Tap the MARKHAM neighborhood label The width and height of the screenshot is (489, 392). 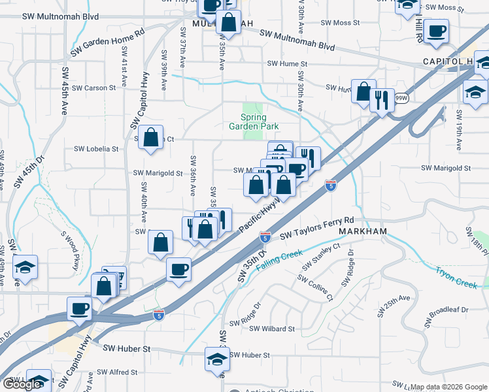click(x=363, y=231)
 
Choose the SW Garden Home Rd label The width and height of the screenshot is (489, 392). click(x=107, y=41)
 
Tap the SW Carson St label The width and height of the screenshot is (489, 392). click(x=93, y=88)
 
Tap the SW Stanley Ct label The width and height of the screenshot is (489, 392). click(x=320, y=257)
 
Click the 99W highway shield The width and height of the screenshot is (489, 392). click(x=402, y=99)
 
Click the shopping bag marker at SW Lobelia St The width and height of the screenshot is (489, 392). click(x=151, y=138)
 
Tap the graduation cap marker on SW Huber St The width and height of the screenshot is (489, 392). click(x=217, y=359)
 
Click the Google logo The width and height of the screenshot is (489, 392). click(x=22, y=384)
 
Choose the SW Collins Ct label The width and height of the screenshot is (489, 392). click(x=315, y=287)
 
